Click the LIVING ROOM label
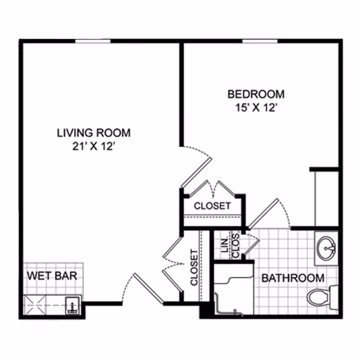click(x=94, y=133)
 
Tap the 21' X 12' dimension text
click(x=94, y=146)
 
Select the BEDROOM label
click(x=256, y=94)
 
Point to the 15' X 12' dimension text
click(x=256, y=108)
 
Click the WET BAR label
click(x=52, y=275)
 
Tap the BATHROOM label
click(x=293, y=278)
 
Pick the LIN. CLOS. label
click(x=230, y=246)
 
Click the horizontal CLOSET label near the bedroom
click(x=212, y=206)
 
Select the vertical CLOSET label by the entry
click(x=194, y=267)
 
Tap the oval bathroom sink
click(x=326, y=248)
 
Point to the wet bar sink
click(x=73, y=306)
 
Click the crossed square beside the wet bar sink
click(x=35, y=305)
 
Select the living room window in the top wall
click(x=93, y=41)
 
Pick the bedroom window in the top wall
click(x=260, y=41)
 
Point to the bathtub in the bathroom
click(x=234, y=289)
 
